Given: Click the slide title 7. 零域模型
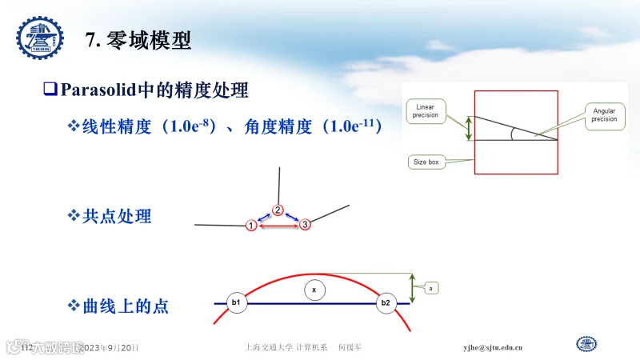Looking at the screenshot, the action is (x=138, y=40).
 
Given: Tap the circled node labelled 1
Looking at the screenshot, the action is (x=250, y=226).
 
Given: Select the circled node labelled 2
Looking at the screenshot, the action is (x=278, y=210).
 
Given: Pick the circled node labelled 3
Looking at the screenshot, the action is (x=305, y=226).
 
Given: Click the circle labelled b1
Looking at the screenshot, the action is (x=236, y=302).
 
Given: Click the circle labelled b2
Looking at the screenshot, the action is (x=386, y=302).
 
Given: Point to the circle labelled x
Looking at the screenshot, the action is (x=314, y=290).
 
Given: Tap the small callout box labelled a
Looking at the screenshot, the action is (x=431, y=287).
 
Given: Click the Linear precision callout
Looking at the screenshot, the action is (x=425, y=110).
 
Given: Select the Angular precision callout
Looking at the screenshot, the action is (x=604, y=114).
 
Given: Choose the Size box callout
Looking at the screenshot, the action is (x=426, y=162).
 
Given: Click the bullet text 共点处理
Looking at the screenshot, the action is (x=117, y=216).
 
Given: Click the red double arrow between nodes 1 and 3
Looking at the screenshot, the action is (x=278, y=227).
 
